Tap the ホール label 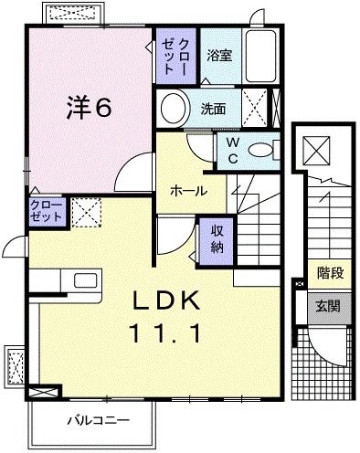(x=187, y=191)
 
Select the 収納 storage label (x=217, y=238)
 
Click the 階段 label (x=330, y=271)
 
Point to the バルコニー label (x=97, y=420)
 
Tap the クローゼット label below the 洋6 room (x=45, y=212)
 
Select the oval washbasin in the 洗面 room (x=174, y=109)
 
